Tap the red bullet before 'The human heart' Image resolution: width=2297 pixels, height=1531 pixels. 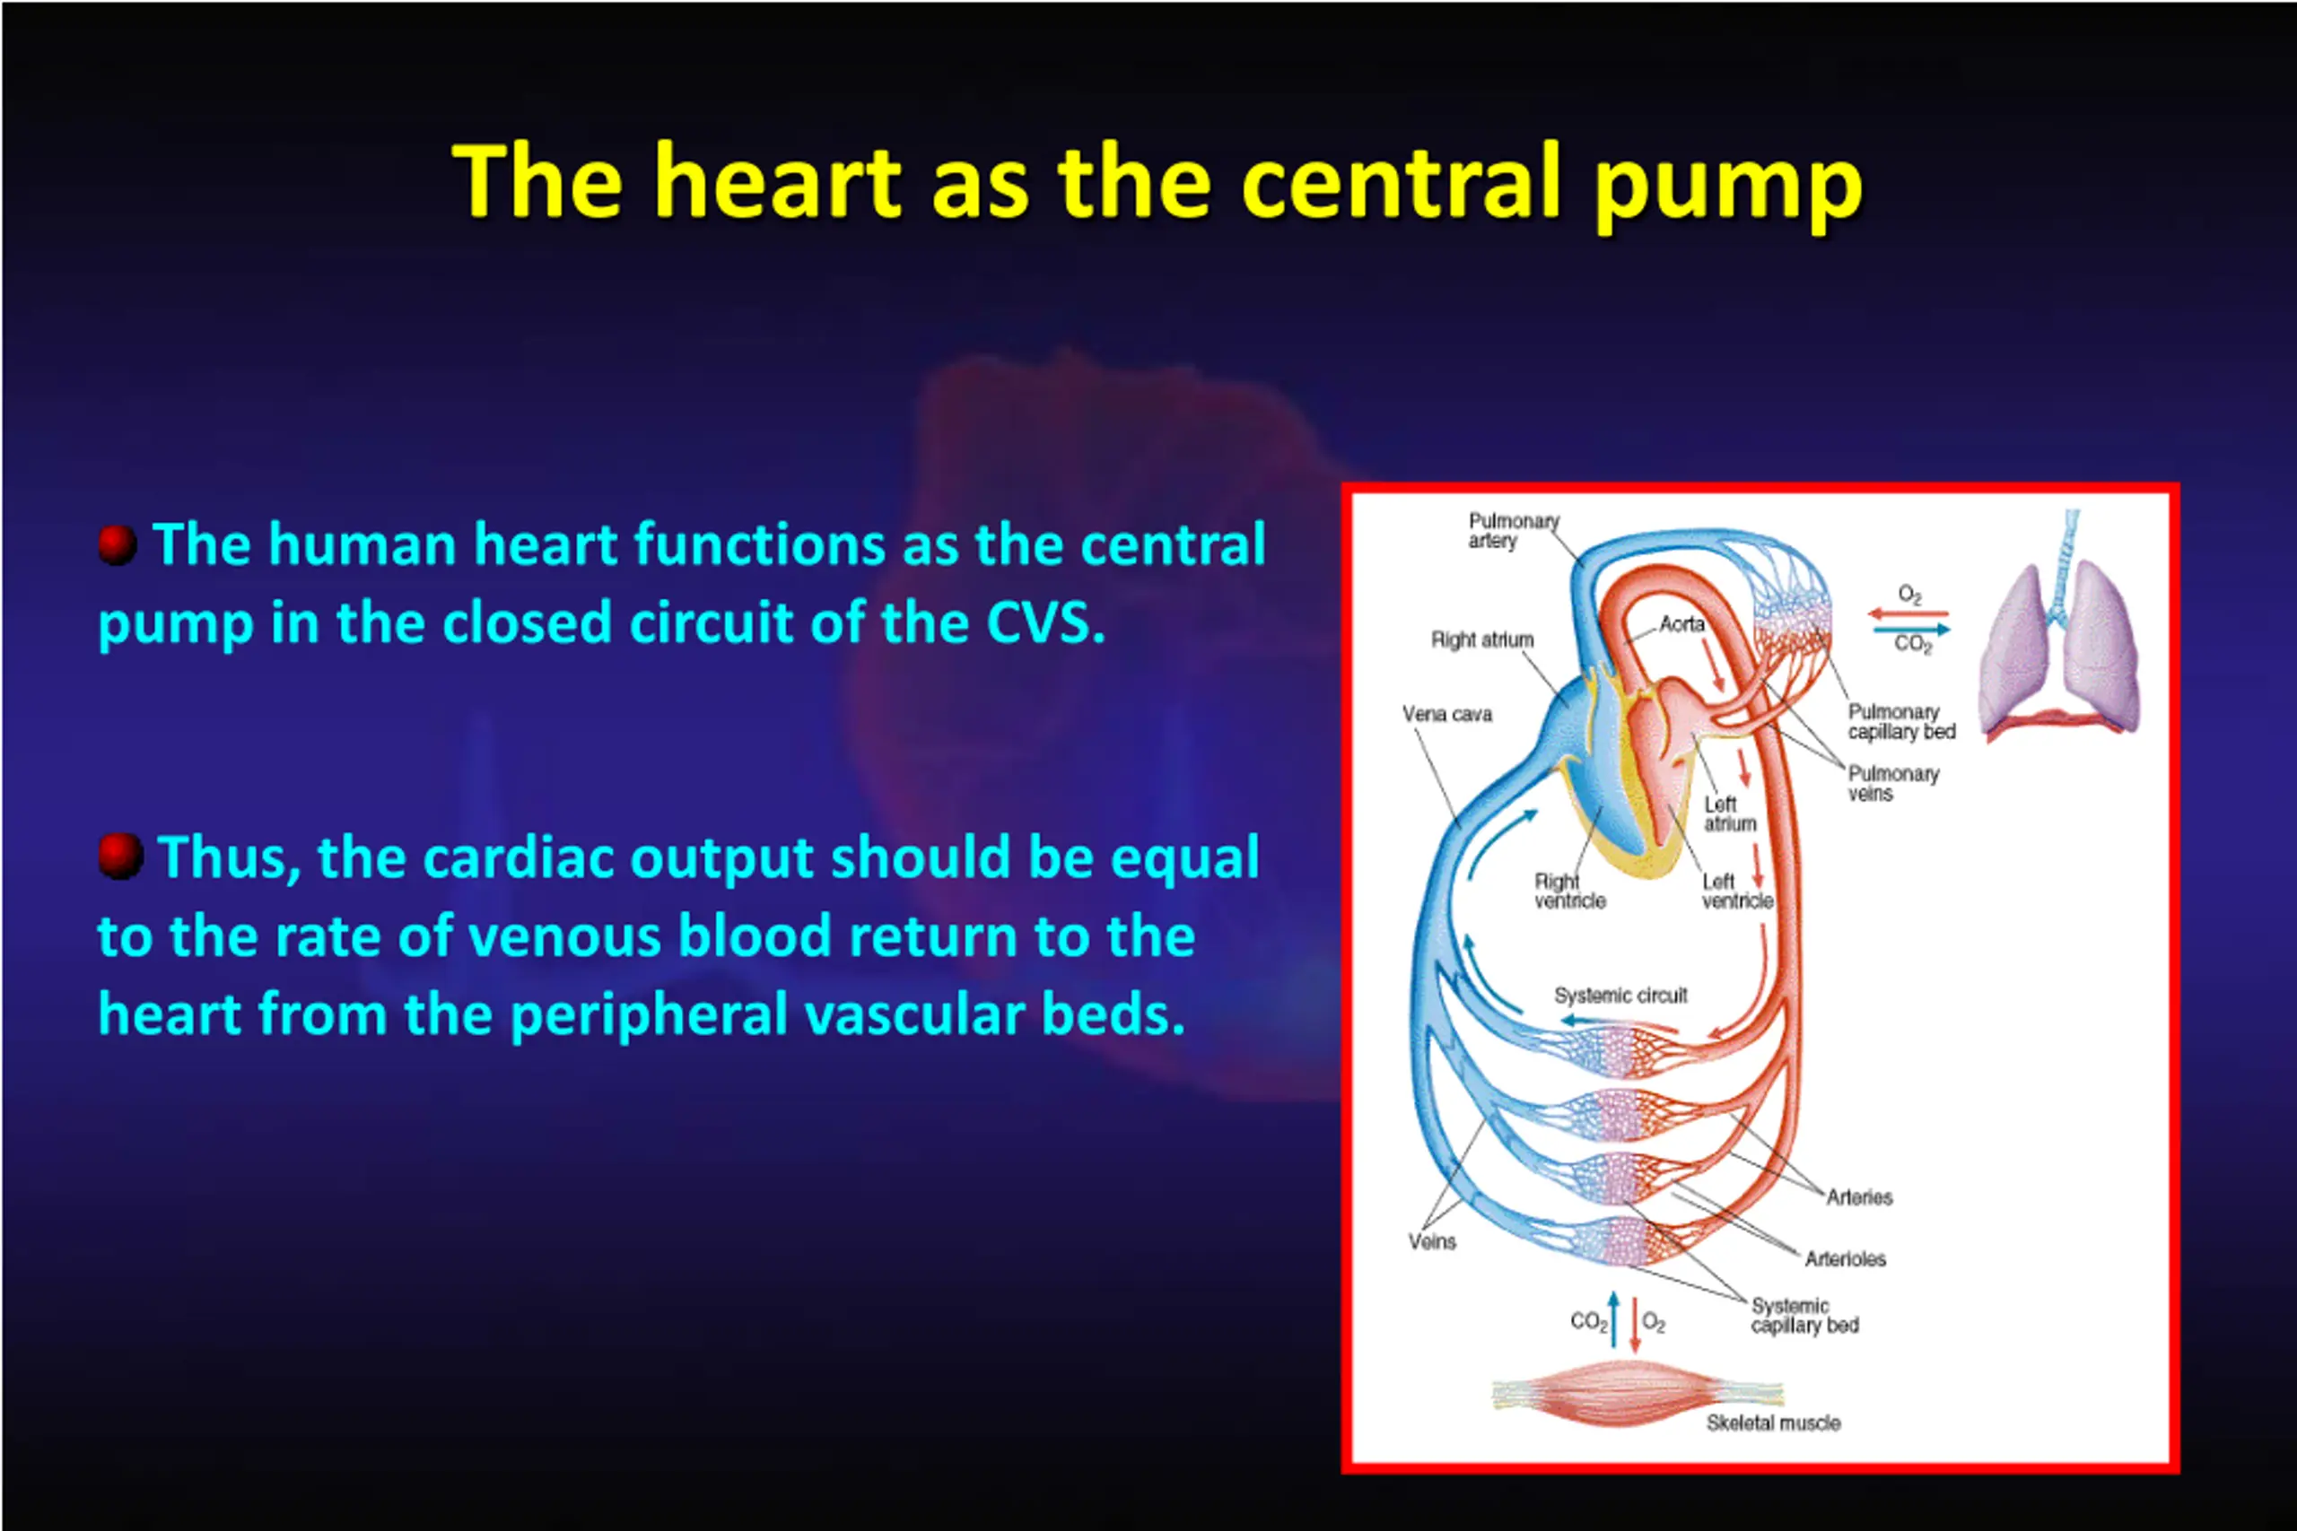(118, 544)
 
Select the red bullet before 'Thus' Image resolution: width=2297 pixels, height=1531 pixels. (120, 857)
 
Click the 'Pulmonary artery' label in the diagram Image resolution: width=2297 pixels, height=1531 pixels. (1513, 530)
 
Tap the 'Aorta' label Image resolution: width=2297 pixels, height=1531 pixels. (1681, 623)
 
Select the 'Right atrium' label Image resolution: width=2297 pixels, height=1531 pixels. (1481, 639)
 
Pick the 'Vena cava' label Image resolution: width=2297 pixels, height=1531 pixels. (1446, 714)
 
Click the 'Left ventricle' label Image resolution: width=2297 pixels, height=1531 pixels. (1736, 891)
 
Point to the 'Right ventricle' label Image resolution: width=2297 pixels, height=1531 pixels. (1568, 891)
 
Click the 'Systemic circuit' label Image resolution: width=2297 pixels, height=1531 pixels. (1620, 995)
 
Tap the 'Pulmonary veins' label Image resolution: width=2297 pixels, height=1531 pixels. (1891, 783)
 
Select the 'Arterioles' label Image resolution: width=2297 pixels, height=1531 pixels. (1845, 1258)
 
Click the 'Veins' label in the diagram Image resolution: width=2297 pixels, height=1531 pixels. (1432, 1242)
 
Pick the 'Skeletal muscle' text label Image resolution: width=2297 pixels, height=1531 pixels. (1773, 1422)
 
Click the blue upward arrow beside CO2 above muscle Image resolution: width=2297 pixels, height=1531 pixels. (1613, 1320)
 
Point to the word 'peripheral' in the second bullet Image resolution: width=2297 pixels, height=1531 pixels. (649, 1014)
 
